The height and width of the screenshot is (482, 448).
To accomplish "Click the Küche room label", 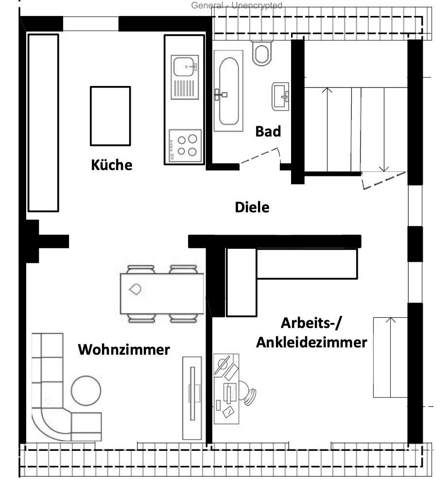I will coord(111,165).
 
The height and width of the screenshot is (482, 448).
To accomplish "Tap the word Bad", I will coord(268,131).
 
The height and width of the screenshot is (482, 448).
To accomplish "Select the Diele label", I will coord(252,207).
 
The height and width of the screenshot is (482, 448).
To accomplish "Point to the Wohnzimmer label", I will coord(124,349).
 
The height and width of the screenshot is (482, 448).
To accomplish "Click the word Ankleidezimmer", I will coord(311,343).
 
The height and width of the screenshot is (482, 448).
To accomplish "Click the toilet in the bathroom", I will coord(262,53).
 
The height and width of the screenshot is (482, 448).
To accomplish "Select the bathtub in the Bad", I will coord(229,92).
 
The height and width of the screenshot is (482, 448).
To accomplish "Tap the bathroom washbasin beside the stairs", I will coord(281,94).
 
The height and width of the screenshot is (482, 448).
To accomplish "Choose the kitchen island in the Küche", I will coord(110,116).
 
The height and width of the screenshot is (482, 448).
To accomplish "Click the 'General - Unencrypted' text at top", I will coord(237,6).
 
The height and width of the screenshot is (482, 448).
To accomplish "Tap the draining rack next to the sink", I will coord(185,90).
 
